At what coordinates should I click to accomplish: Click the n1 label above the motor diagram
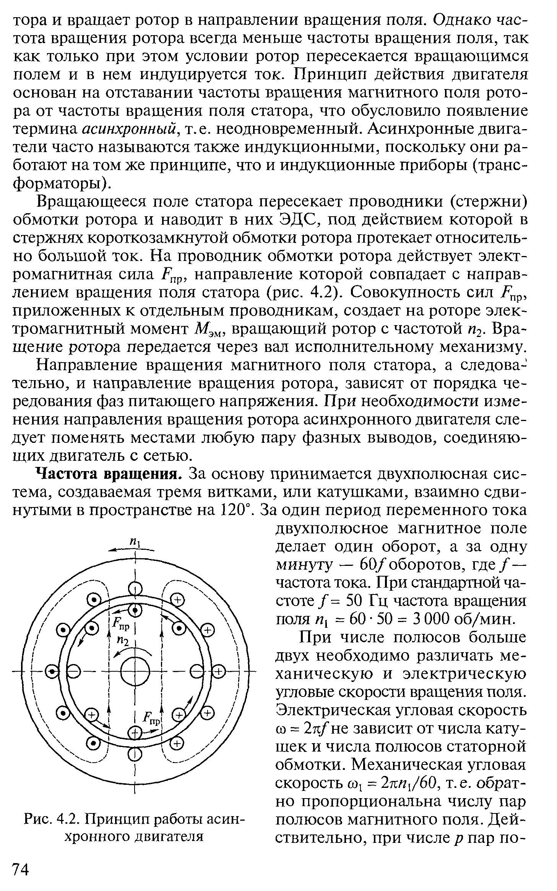[x=134, y=541]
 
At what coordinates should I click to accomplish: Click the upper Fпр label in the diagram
[x=121, y=626]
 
